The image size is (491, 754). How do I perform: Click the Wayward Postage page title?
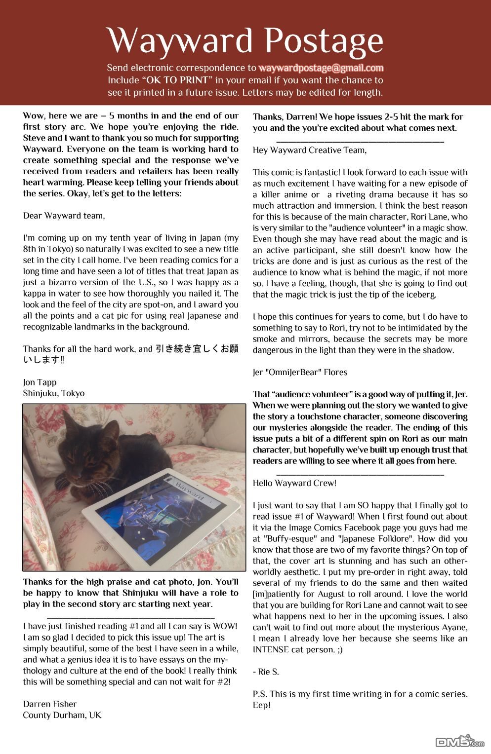point(245,40)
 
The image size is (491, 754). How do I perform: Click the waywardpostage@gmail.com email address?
point(321,68)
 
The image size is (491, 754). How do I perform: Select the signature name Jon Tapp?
point(40,382)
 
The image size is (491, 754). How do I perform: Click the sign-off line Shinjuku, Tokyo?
point(53,393)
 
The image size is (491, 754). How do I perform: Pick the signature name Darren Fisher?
point(49,704)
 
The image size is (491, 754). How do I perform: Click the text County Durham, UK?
point(62,715)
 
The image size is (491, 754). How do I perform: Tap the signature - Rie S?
point(265,672)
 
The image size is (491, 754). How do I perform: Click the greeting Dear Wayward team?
point(64,216)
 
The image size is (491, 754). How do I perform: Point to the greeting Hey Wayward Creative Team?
point(309,150)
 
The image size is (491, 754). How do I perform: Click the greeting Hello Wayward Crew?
point(294,483)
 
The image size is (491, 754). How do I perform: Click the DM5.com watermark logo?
point(459,741)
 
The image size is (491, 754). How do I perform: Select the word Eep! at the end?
point(261,705)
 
